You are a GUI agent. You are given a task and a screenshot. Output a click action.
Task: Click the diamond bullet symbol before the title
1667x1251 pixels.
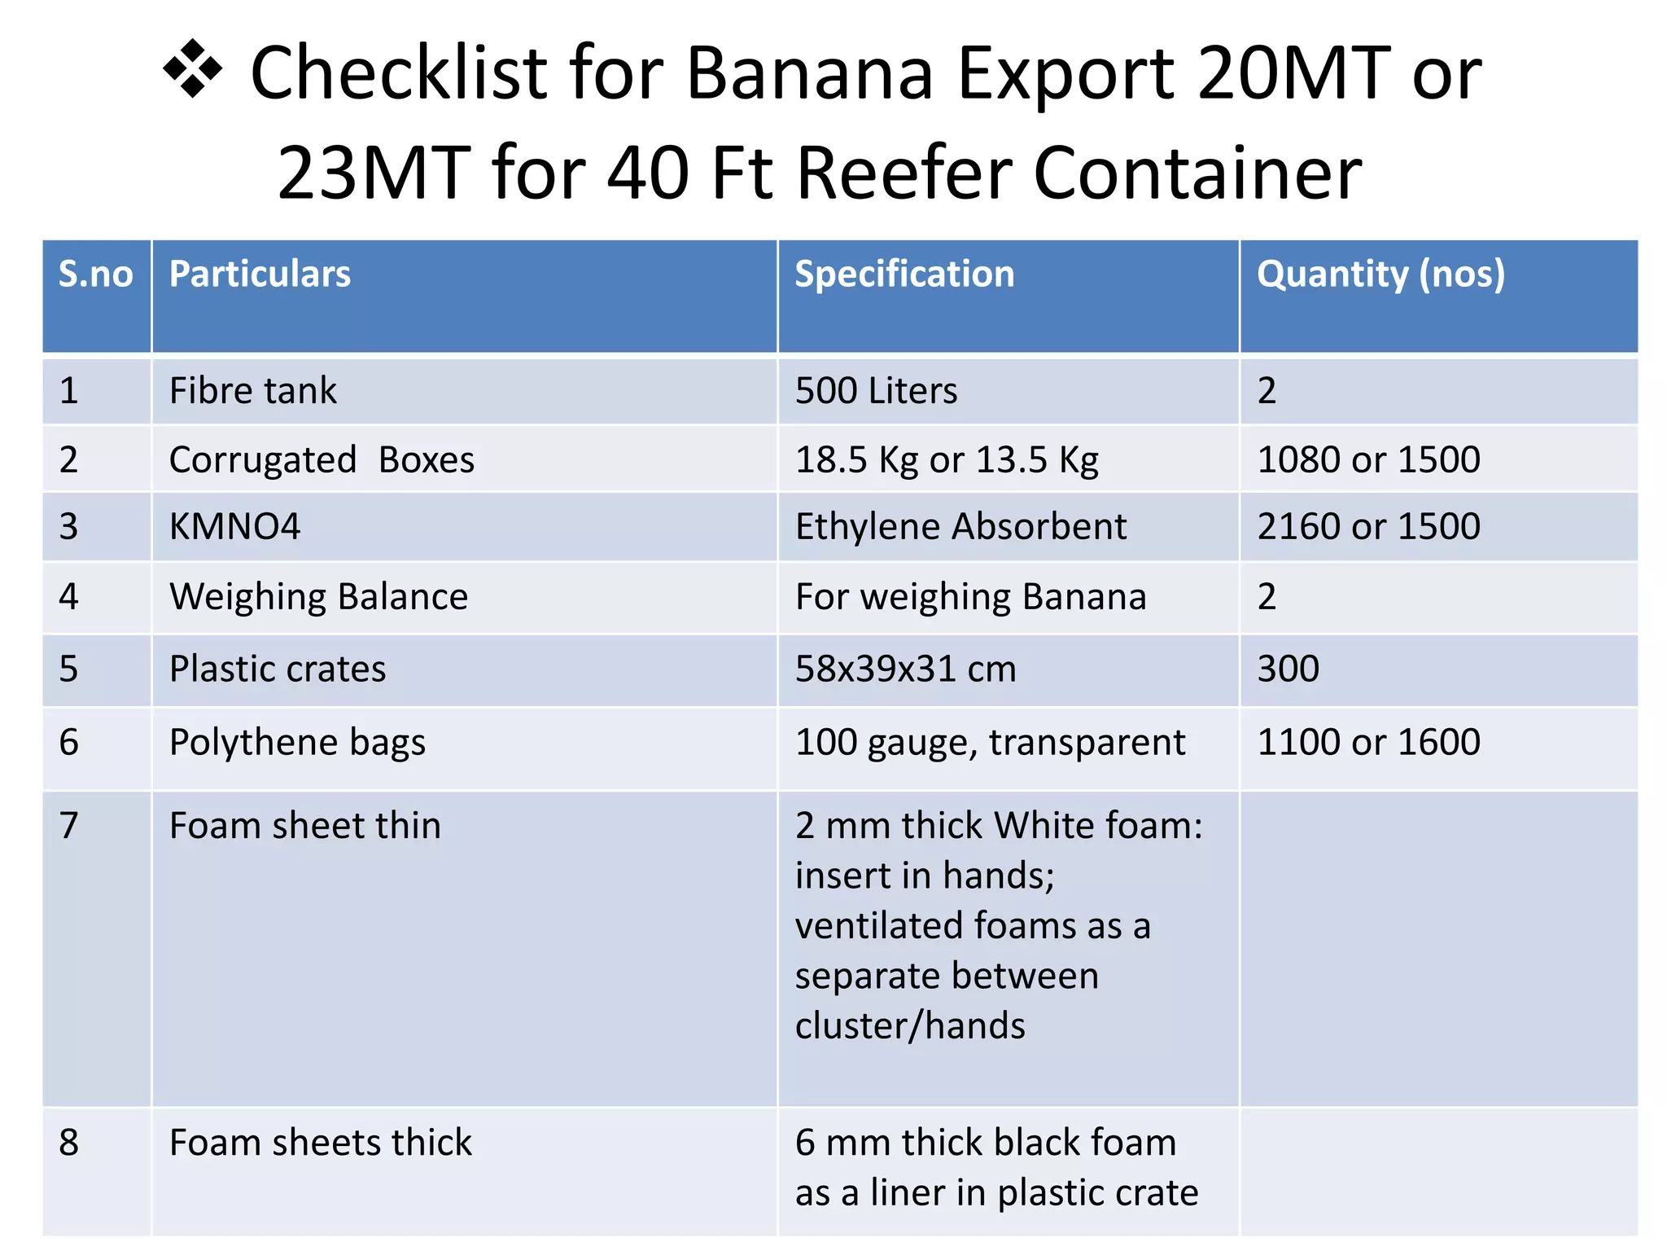coord(193,69)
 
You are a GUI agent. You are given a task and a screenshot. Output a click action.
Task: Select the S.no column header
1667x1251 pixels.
coord(95,274)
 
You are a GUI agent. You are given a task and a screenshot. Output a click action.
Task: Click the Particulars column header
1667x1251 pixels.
coord(260,274)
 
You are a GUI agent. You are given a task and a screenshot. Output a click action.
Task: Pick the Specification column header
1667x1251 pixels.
coord(904,274)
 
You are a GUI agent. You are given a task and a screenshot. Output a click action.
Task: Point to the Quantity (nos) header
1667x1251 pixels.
coord(1380,274)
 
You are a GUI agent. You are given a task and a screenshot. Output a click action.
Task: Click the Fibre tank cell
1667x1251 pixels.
coord(252,391)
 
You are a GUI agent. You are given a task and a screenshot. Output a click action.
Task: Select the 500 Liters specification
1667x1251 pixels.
coord(876,391)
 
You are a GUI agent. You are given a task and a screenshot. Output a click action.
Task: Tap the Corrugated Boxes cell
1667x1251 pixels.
coord(322,460)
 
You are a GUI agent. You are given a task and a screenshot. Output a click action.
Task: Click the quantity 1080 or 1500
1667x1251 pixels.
coord(1368,460)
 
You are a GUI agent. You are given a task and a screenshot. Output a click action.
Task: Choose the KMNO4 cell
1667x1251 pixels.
coord(234,527)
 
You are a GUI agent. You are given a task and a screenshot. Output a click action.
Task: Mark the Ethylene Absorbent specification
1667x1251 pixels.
coord(960,527)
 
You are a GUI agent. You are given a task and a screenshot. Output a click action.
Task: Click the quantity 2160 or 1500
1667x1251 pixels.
coord(1368,527)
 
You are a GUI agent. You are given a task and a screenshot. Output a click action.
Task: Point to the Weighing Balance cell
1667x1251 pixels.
coord(318,597)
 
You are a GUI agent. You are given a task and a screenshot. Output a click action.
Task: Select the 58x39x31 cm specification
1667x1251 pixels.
coord(905,669)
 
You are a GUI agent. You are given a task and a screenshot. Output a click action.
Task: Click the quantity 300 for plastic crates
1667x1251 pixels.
coord(1288,669)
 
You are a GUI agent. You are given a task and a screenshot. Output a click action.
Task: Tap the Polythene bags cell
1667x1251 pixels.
coord(297,743)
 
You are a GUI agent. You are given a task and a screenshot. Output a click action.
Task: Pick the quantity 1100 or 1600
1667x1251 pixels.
coord(1368,743)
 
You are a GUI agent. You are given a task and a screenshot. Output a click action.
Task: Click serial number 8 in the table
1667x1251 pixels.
coord(69,1143)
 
